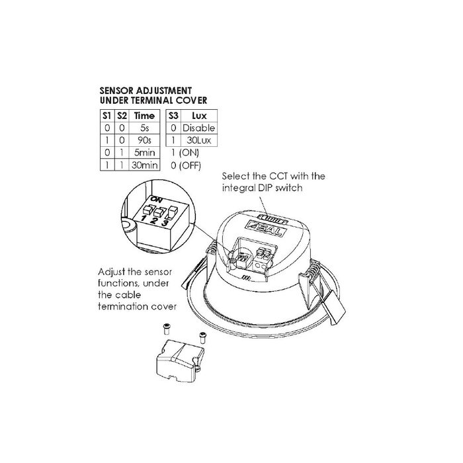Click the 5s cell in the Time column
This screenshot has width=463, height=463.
[x=144, y=128]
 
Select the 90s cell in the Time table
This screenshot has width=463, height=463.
[x=144, y=140]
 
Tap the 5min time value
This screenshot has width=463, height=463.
[x=144, y=153]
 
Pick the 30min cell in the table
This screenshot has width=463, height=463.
[x=144, y=165]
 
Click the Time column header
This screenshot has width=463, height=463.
[x=144, y=116]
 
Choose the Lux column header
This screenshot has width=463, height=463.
[x=199, y=116]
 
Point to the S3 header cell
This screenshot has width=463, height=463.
[x=173, y=116]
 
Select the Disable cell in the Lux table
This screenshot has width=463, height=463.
[x=199, y=128]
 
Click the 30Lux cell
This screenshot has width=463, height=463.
[x=199, y=140]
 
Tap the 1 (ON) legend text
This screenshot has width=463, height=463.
[x=185, y=153]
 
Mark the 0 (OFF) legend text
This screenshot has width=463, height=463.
[x=186, y=165]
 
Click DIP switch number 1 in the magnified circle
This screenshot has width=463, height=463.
[x=147, y=210]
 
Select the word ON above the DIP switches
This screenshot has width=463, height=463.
[x=156, y=200]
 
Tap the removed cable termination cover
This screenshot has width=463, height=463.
[x=180, y=361]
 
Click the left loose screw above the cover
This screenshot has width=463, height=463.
[x=167, y=329]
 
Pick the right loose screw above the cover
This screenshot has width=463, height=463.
[x=202, y=337]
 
